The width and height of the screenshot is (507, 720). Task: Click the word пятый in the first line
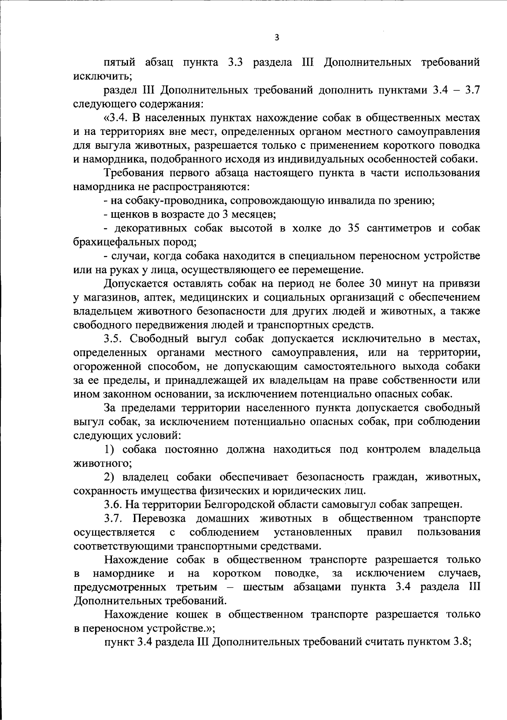coord(120,63)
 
